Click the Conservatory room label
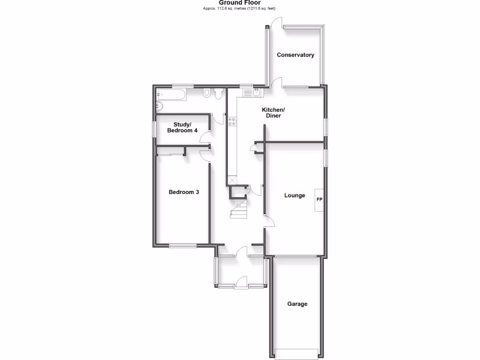(295, 55)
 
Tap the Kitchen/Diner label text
(273, 112)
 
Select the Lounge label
(295, 195)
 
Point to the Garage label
(297, 304)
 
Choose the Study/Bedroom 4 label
(182, 127)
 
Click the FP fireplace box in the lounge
(319, 200)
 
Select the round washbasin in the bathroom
(159, 106)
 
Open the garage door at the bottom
(297, 353)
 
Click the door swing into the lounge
(268, 221)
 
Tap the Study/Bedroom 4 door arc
(204, 137)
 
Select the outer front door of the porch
(241, 281)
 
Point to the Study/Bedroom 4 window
(153, 130)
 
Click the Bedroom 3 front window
(183, 246)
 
